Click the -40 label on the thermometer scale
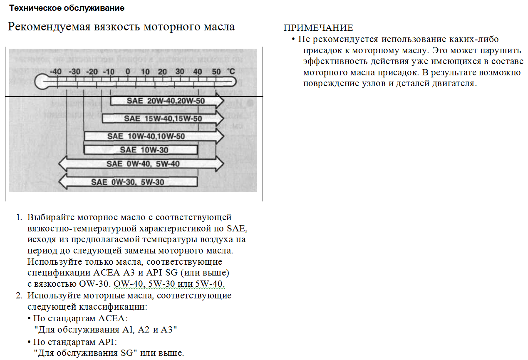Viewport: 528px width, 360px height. tap(55, 72)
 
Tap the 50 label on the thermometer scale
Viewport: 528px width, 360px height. tap(216, 72)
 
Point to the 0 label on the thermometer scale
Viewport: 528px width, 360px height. tap(128, 72)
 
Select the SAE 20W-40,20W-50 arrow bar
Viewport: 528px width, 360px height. tap(167, 101)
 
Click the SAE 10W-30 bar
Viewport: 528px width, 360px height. tap(141, 150)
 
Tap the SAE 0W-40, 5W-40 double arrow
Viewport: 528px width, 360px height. tap(141, 164)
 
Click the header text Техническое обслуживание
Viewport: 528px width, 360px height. tap(67, 8)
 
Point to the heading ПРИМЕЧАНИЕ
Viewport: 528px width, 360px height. tap(318, 28)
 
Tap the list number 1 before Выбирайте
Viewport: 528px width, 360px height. tap(19, 217)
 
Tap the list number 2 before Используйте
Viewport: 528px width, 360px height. tap(19, 296)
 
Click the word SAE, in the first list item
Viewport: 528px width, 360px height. tap(237, 228)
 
